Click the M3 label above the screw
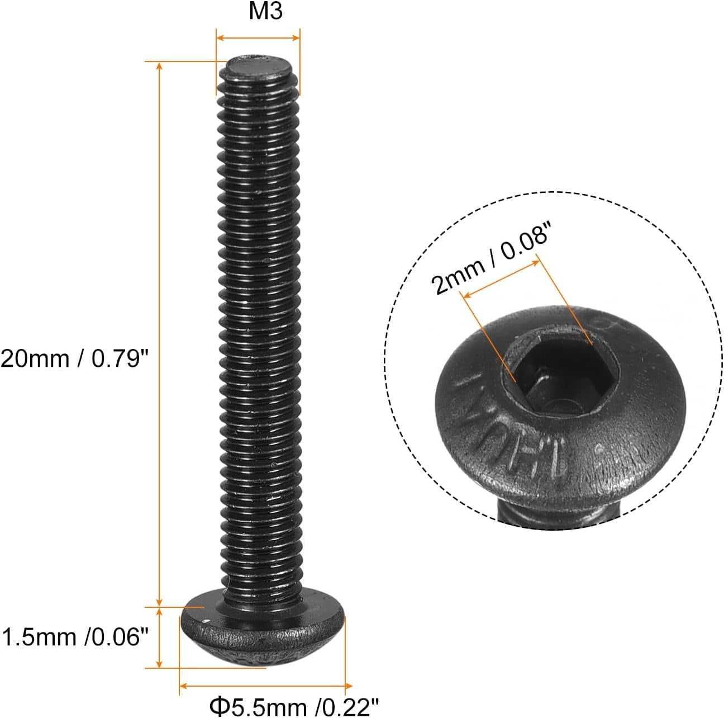coord(265,12)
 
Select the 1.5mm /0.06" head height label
coord(75,636)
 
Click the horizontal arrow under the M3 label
coord(258,38)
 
